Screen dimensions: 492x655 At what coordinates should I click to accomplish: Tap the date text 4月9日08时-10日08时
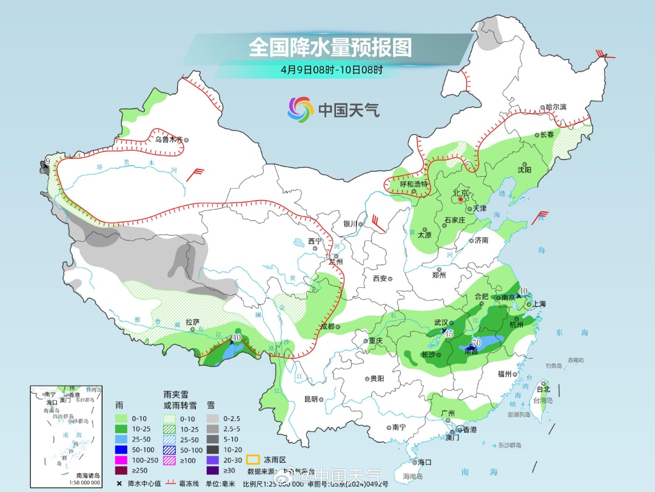(332, 70)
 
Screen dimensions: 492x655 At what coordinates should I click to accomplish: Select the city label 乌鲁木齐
(168, 139)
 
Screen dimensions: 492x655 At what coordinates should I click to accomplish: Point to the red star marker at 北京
(460, 199)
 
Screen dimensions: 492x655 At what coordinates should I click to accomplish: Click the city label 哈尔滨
(555, 107)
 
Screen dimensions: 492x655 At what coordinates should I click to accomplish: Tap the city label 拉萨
(192, 322)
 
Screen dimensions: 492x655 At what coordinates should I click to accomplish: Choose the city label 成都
(327, 326)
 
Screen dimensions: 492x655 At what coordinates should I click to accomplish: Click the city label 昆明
(311, 399)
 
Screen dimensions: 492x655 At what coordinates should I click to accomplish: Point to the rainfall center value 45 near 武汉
(449, 333)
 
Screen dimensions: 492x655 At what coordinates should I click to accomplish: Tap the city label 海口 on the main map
(425, 462)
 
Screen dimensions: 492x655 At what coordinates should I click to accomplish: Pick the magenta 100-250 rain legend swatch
(121, 459)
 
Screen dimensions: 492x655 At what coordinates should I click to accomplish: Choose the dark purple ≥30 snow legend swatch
(213, 470)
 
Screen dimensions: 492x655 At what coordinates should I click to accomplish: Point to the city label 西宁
(315, 241)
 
